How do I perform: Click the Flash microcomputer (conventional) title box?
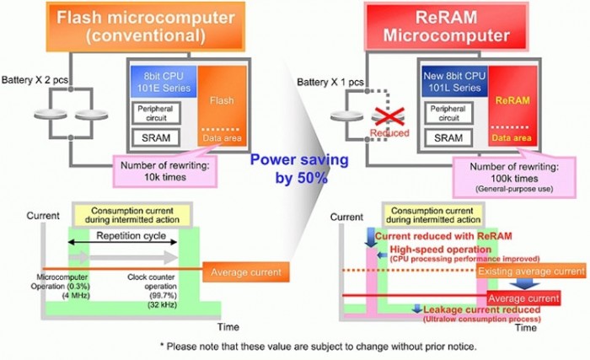(x=134, y=25)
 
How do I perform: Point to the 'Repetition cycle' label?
(x=124, y=237)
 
